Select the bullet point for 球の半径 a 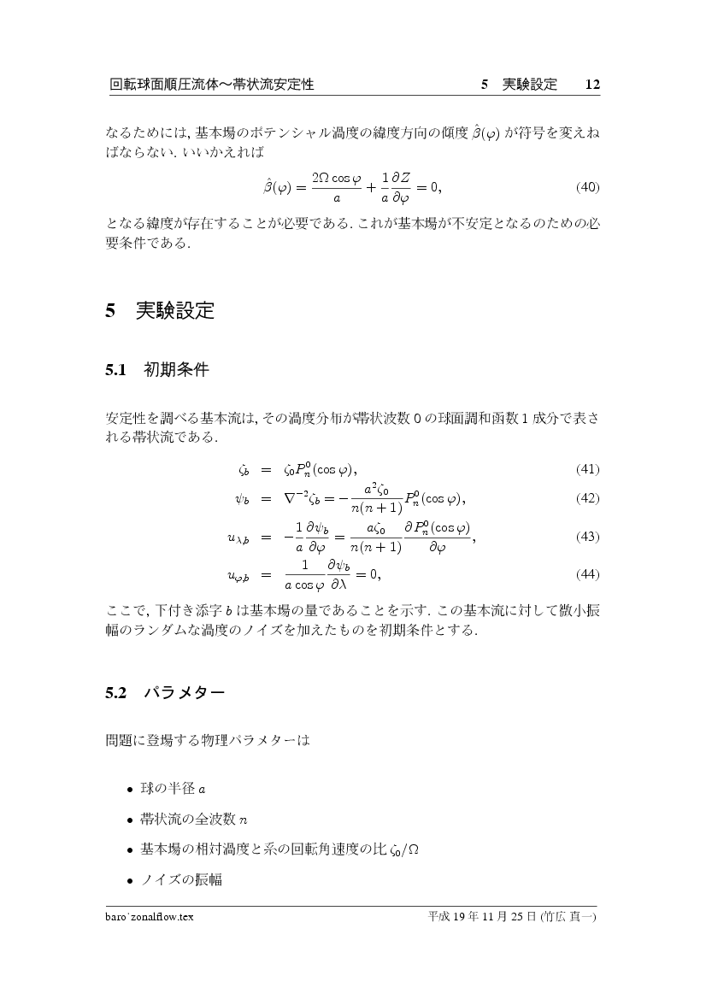129,788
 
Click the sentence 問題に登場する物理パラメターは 206,741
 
